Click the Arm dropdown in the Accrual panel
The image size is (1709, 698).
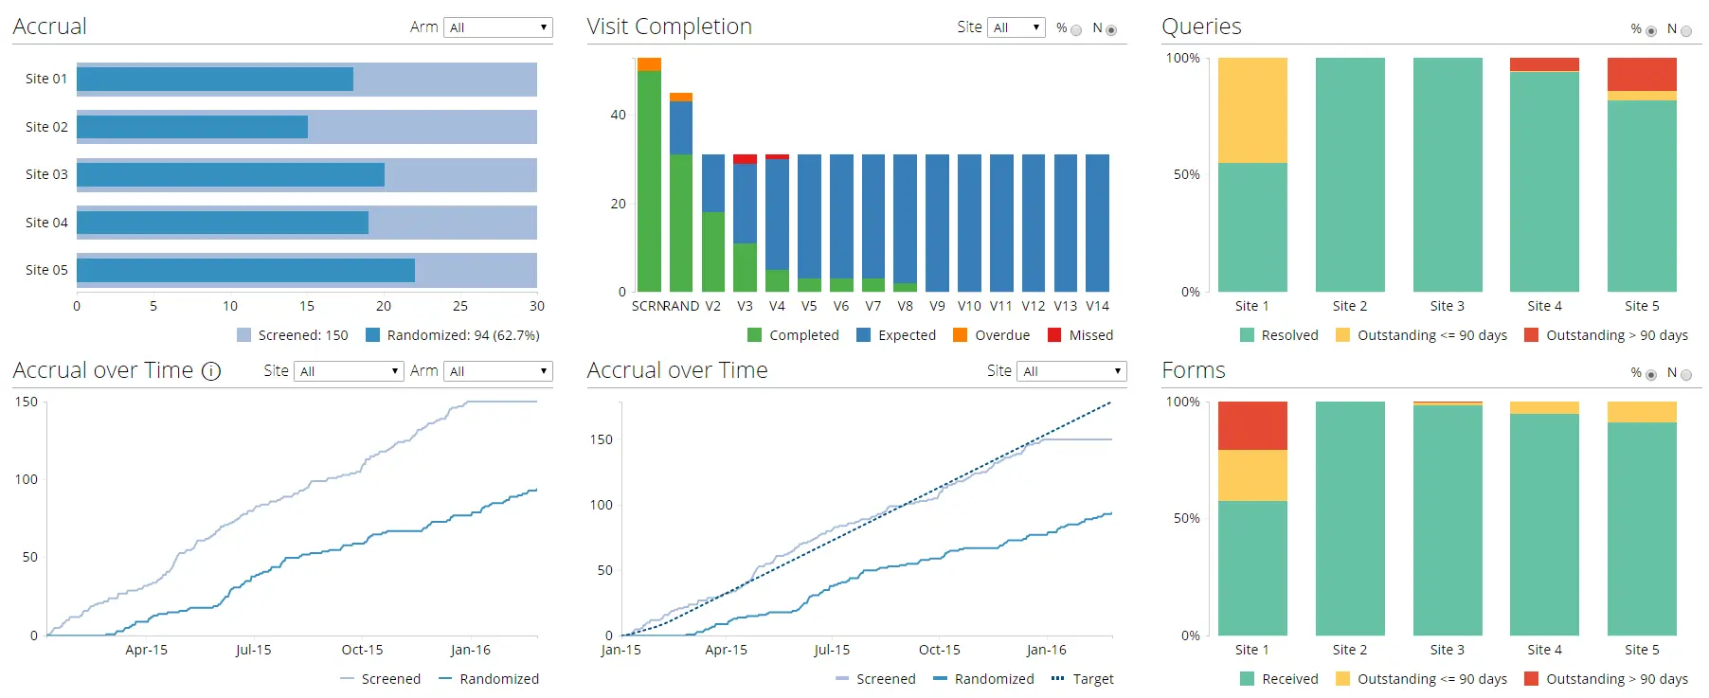click(x=498, y=27)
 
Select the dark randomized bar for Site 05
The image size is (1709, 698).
click(x=245, y=270)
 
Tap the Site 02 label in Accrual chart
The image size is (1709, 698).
click(x=46, y=127)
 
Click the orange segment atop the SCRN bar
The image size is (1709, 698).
click(x=649, y=64)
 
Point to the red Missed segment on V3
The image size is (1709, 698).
click(x=745, y=159)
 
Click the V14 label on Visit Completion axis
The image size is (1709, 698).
click(x=1097, y=306)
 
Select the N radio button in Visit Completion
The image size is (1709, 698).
click(x=1111, y=30)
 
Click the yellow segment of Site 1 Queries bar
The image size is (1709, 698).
click(x=1252, y=110)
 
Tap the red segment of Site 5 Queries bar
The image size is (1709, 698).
click(x=1642, y=74)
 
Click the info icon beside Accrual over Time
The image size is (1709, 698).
click(x=211, y=371)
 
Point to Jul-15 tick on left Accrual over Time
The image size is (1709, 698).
click(x=253, y=650)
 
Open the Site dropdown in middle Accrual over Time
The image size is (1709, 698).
click(x=1070, y=371)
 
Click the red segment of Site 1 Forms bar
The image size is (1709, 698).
click(x=1252, y=425)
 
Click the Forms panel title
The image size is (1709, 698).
click(x=1193, y=370)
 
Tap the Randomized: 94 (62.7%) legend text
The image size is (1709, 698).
click(x=462, y=335)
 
